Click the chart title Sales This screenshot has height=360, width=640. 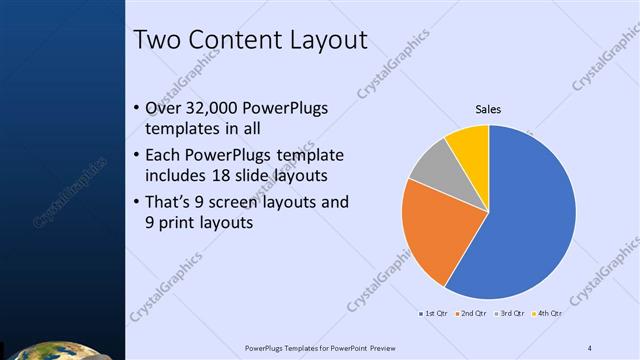[x=488, y=109]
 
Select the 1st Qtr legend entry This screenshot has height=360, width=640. [x=433, y=313]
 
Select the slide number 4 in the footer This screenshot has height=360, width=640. [x=590, y=347]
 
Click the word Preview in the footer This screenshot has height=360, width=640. [x=397, y=347]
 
